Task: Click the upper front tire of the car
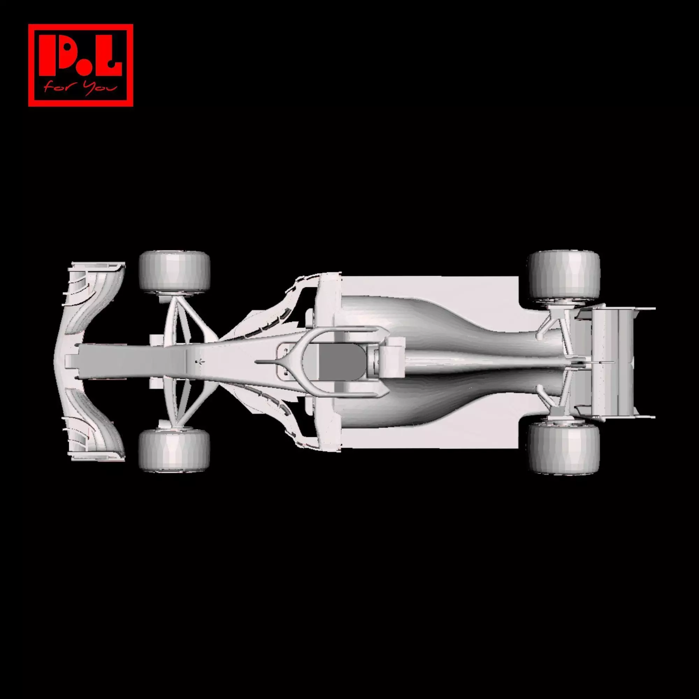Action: pos(174,272)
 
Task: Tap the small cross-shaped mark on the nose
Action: pos(199,361)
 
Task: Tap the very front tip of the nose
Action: pos(67,361)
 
